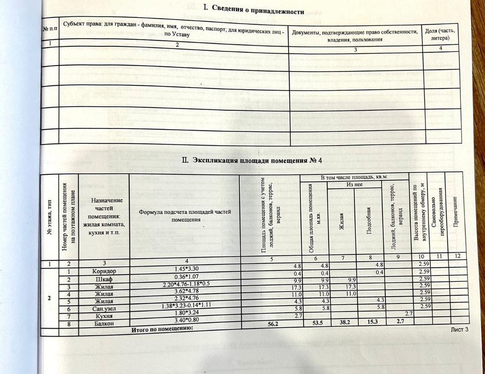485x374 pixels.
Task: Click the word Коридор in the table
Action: pyautogui.click(x=104, y=272)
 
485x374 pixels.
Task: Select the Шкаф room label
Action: pyautogui.click(x=104, y=279)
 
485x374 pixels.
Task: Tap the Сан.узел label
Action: pyautogui.click(x=104, y=309)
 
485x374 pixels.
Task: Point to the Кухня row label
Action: pyautogui.click(x=104, y=316)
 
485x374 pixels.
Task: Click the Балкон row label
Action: pyautogui.click(x=104, y=324)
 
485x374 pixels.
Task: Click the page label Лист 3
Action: pyautogui.click(x=459, y=329)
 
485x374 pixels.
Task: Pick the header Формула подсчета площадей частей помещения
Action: pyautogui.click(x=185, y=215)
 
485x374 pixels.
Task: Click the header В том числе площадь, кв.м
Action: pyautogui.click(x=354, y=177)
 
